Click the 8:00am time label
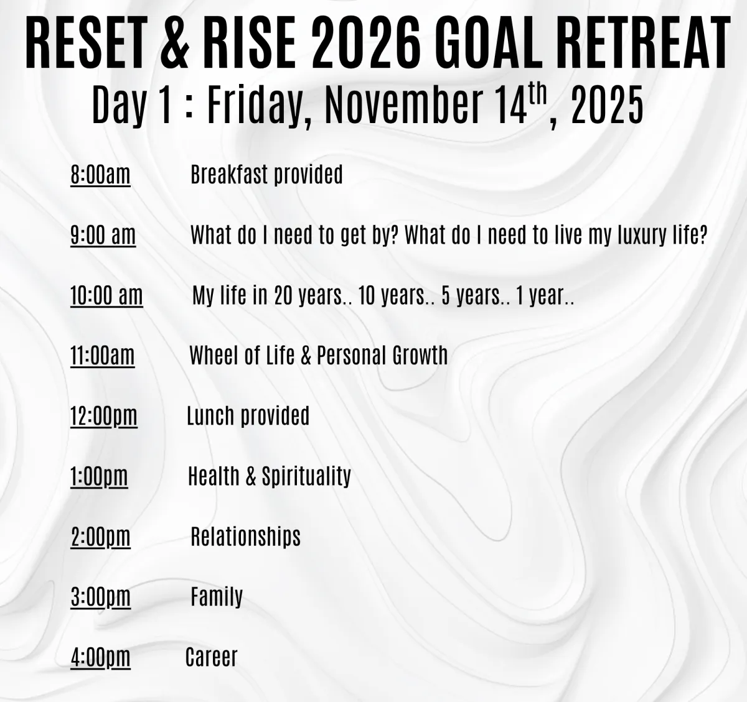100,175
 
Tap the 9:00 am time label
103,235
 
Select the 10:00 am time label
106,295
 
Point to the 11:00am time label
102,356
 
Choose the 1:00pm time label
99,476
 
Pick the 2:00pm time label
100,537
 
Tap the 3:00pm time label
100,597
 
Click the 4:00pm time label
100,657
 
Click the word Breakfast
230,174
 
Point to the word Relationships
246,537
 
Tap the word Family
217,597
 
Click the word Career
212,657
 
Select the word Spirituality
306,476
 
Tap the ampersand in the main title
174,44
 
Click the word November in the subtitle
403,105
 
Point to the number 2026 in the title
365,44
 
